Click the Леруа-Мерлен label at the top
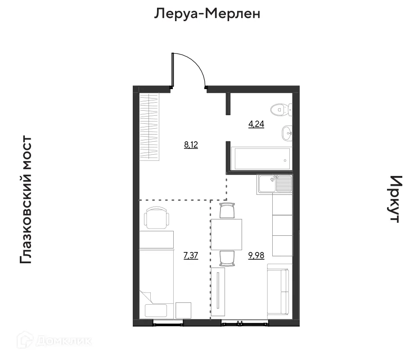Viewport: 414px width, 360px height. click(x=207, y=14)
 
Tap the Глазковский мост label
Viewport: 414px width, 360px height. click(x=26, y=200)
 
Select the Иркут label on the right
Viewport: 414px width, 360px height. click(x=394, y=199)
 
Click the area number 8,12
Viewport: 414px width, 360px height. click(x=191, y=145)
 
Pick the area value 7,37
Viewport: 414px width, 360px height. click(x=191, y=256)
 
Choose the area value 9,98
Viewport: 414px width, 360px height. click(x=256, y=256)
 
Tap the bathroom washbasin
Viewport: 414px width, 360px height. click(x=286, y=133)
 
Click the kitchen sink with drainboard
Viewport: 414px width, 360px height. click(x=274, y=184)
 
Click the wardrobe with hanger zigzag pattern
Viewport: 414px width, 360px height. click(x=149, y=127)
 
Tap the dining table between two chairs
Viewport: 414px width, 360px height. click(x=227, y=234)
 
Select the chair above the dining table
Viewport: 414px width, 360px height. click(x=227, y=211)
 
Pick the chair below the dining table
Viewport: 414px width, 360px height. click(x=227, y=258)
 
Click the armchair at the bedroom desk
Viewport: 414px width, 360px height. click(x=157, y=218)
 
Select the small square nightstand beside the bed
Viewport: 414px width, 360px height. click(x=184, y=310)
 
